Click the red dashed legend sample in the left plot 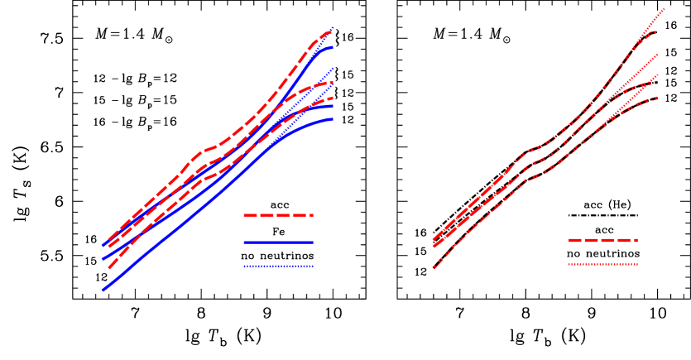pyautogui.click(x=278, y=215)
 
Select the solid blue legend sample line pyautogui.click(x=278, y=243)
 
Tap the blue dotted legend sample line pyautogui.click(x=278, y=266)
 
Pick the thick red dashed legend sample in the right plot pyautogui.click(x=602, y=241)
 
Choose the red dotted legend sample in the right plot pyautogui.click(x=602, y=265)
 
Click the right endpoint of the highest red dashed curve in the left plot pyautogui.click(x=332, y=31)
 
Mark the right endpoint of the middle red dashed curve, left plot pyautogui.click(x=333, y=82)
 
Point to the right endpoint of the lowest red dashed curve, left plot pyautogui.click(x=333, y=98)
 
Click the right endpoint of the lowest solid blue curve pyautogui.click(x=333, y=119)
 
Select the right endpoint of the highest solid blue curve pyautogui.click(x=333, y=47)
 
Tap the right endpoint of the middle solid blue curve pyautogui.click(x=333, y=105)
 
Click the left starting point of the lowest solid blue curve pyautogui.click(x=103, y=290)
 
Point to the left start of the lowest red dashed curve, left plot pyautogui.click(x=108, y=269)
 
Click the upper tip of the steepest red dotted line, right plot pyautogui.click(x=665, y=9)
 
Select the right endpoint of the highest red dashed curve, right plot pyautogui.click(x=656, y=33)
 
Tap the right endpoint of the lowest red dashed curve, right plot pyautogui.click(x=657, y=98)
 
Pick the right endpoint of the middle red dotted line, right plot pyautogui.click(x=658, y=55)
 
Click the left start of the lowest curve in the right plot pyautogui.click(x=434, y=267)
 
